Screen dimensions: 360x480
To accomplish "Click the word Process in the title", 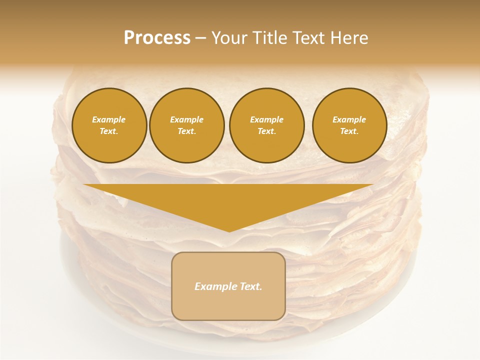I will pos(157,38).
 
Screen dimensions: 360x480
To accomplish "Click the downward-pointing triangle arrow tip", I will pos(229,230).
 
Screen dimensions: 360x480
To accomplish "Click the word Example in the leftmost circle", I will pos(109,119).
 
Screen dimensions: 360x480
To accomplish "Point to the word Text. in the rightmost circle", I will pos(349,131).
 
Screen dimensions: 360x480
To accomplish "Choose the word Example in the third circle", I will pos(266,119).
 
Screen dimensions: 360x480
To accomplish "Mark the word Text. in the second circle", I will pos(187,131).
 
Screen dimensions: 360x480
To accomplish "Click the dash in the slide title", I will pos(201,38).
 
